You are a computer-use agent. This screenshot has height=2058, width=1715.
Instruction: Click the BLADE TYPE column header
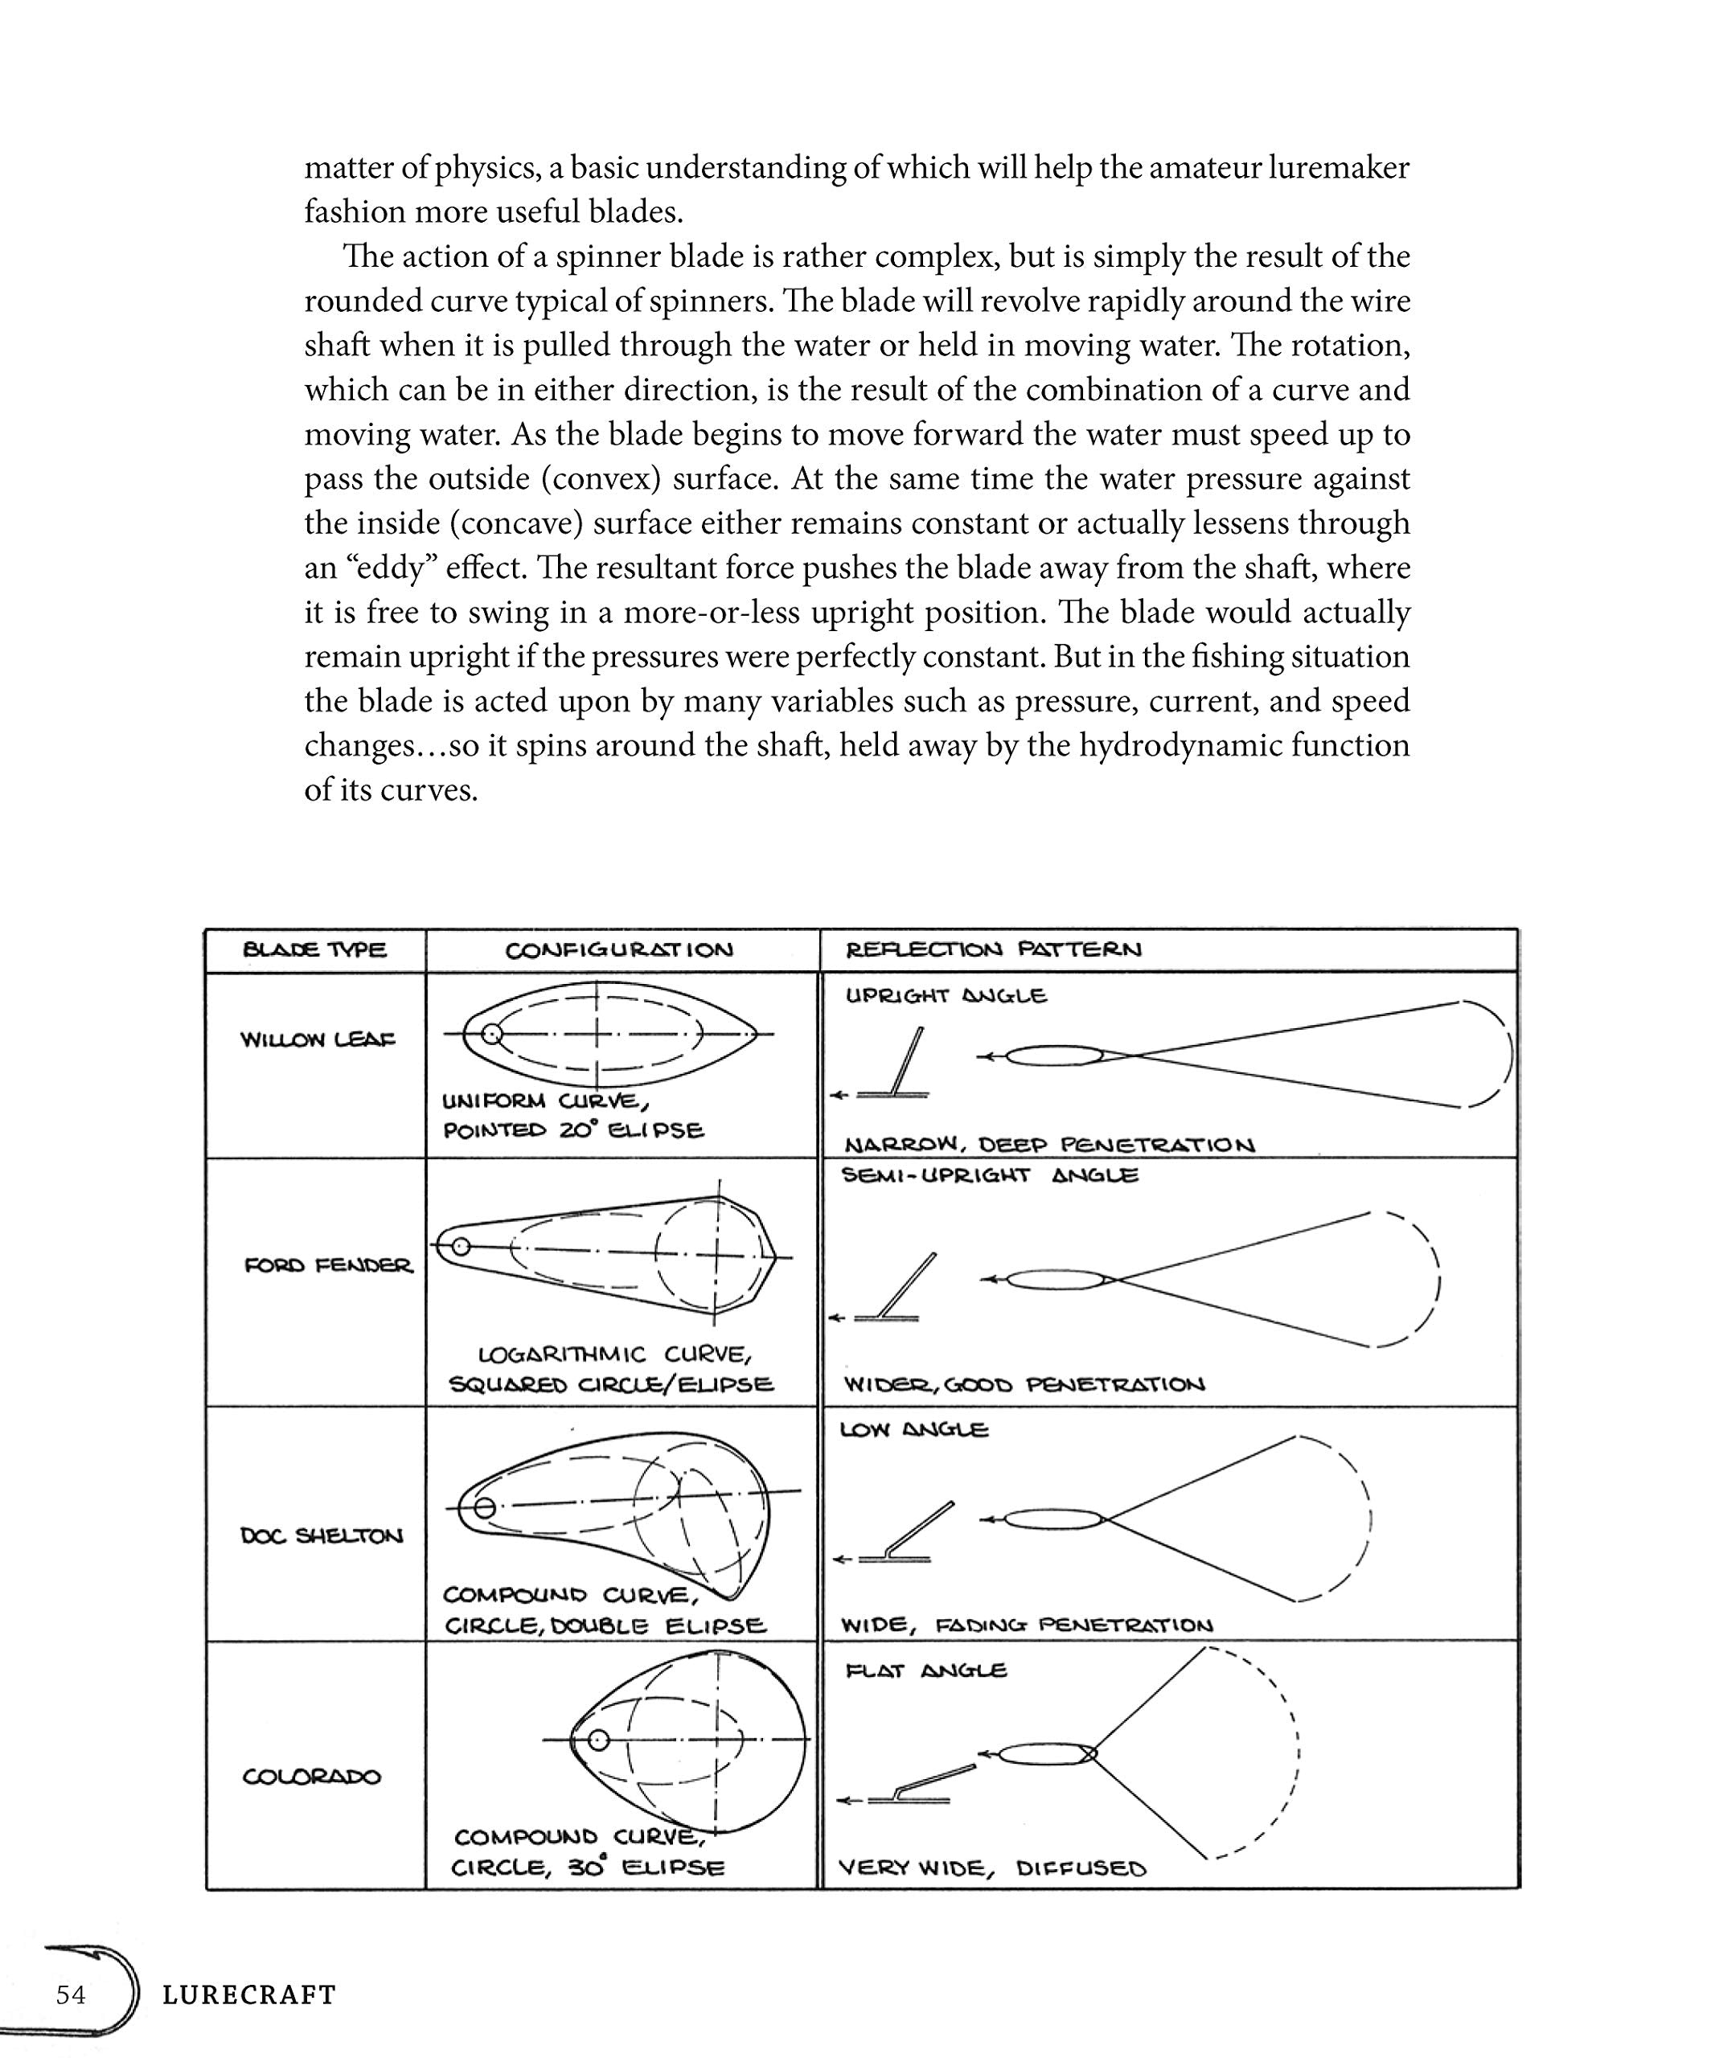pyautogui.click(x=314, y=949)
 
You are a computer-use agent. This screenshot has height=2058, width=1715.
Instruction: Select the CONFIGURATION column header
pyautogui.click(x=618, y=950)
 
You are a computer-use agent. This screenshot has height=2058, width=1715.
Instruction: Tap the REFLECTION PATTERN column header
pyautogui.click(x=993, y=949)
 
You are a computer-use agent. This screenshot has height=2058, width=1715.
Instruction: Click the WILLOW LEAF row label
pyautogui.click(x=318, y=1039)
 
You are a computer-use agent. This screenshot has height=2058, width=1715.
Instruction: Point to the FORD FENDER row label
pyautogui.click(x=328, y=1265)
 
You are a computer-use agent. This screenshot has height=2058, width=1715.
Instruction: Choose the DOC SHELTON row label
pyautogui.click(x=322, y=1535)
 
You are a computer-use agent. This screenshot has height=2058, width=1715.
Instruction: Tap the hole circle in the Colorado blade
pyautogui.click(x=598, y=1740)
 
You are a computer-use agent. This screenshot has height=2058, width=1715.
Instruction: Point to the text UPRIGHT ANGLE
pyautogui.click(x=946, y=996)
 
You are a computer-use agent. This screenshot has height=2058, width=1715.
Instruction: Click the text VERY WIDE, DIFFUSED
pyautogui.click(x=991, y=1868)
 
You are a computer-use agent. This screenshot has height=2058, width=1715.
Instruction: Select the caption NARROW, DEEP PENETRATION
pyautogui.click(x=1048, y=1145)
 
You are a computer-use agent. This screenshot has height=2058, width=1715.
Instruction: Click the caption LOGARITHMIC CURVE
pyautogui.click(x=614, y=1355)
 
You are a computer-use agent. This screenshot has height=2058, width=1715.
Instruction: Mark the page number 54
pyautogui.click(x=71, y=1994)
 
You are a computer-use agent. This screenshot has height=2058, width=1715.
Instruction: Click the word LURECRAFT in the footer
pyautogui.click(x=249, y=1995)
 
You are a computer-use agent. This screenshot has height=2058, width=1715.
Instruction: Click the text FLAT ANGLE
pyautogui.click(x=925, y=1671)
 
